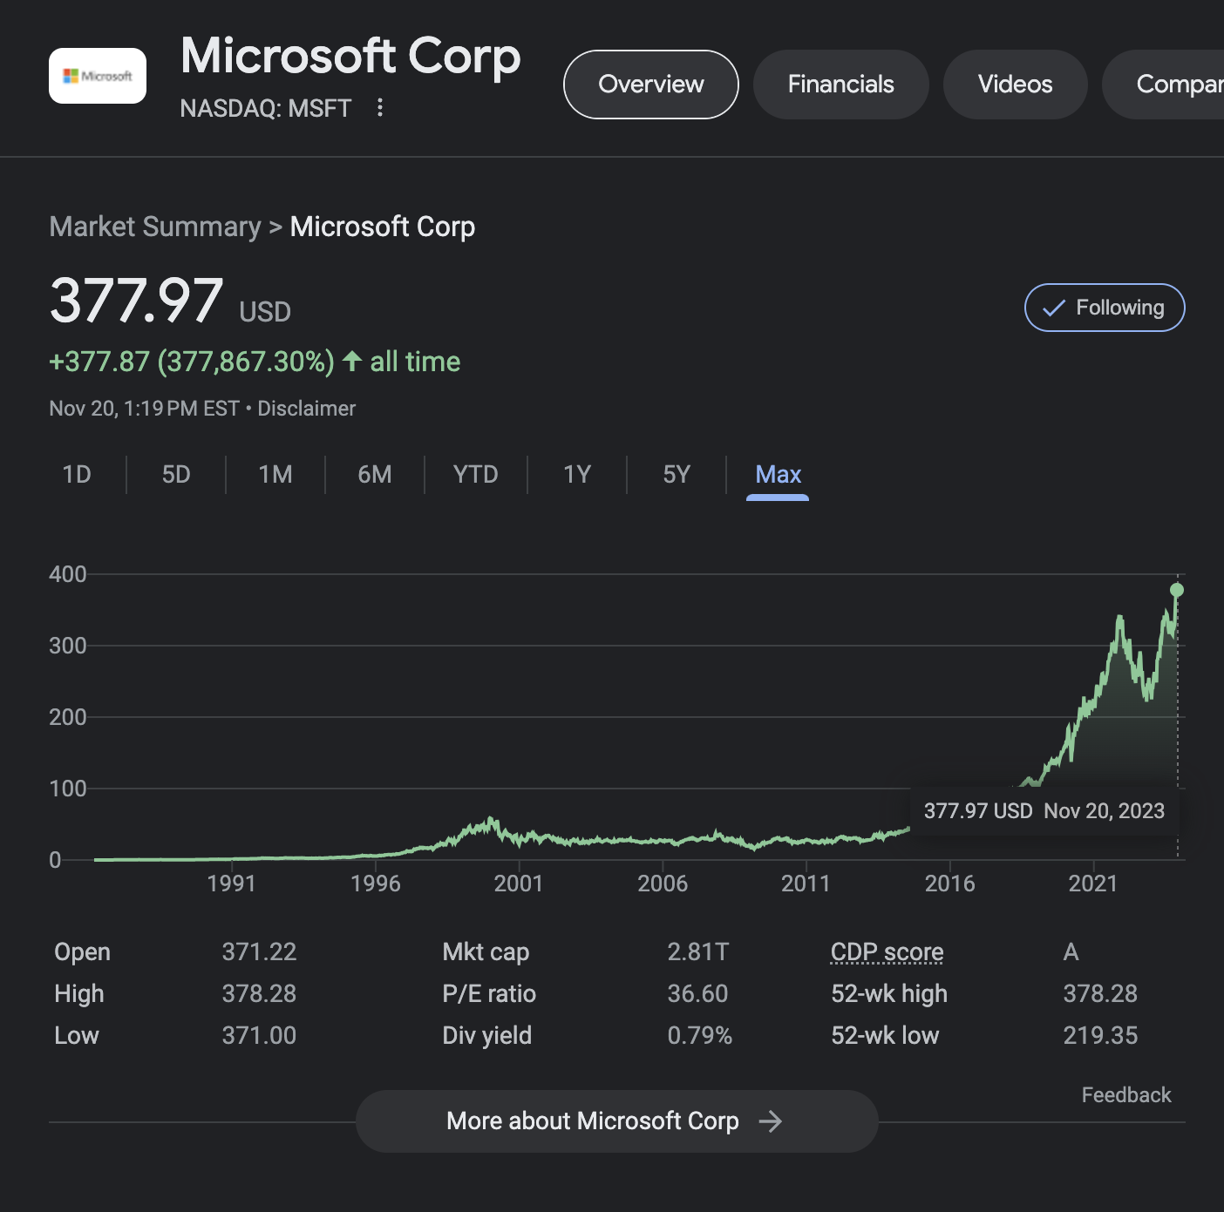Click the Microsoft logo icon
point(98,76)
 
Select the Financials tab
point(840,85)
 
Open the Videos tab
point(1015,85)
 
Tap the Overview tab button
point(651,85)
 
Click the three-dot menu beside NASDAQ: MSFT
point(379,107)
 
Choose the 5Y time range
point(677,474)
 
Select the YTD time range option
point(475,474)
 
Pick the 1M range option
point(275,474)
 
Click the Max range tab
point(778,474)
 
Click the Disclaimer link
point(306,409)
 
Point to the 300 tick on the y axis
point(68,646)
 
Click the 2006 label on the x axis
point(663,884)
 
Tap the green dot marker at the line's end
point(1177,590)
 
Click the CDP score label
point(887,951)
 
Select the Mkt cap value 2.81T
point(697,951)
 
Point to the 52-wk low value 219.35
point(1100,1035)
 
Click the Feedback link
point(1125,1095)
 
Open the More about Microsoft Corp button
point(616,1121)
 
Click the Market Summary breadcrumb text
point(155,227)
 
